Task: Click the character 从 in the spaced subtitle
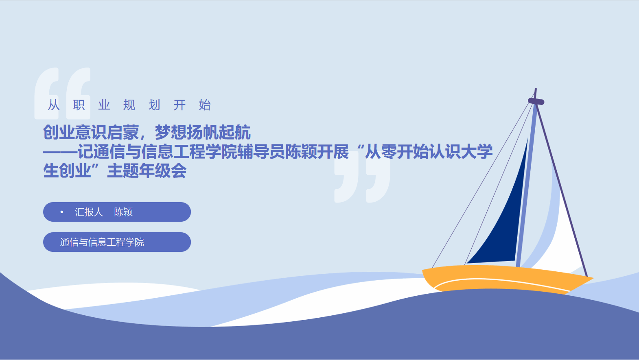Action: coord(54,105)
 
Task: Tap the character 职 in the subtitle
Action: coord(79,105)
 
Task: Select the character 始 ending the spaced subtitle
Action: coord(205,105)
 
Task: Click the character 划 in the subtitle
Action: coord(154,105)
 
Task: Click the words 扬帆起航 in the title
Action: coord(219,133)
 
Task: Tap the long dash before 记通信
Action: coord(60,152)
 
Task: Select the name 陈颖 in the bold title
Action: coord(301,152)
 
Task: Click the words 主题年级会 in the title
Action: coord(147,171)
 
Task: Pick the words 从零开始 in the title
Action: coord(397,152)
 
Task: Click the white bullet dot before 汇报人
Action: coord(61,212)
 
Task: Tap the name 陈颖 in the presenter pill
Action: coord(123,212)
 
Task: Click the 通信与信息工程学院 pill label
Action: coord(102,242)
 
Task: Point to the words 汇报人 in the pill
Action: coord(89,212)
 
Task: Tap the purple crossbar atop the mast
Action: coord(536,101)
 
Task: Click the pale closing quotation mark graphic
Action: coord(362,177)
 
